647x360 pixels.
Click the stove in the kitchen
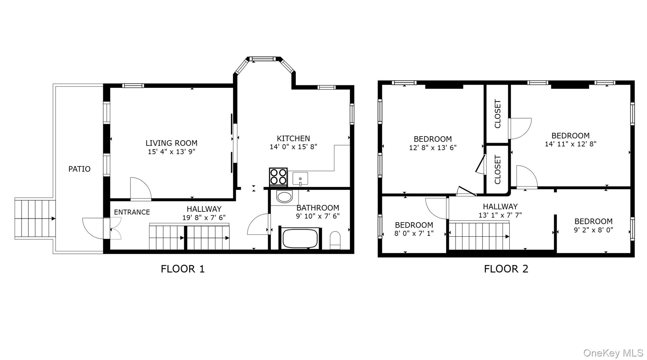click(x=278, y=177)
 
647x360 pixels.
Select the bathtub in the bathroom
click(x=300, y=239)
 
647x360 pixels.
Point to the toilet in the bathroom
click(x=335, y=240)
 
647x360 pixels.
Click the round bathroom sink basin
click(x=284, y=197)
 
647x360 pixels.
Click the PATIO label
click(x=79, y=169)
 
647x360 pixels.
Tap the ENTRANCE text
click(x=132, y=212)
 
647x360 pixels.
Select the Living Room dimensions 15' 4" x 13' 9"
click(x=172, y=152)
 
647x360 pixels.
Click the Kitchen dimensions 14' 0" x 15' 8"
click(x=293, y=147)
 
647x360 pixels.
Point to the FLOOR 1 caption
click(x=183, y=269)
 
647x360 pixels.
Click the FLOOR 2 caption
click(x=506, y=269)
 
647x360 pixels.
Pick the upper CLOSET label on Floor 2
click(x=498, y=114)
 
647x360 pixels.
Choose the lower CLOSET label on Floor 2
click(x=498, y=169)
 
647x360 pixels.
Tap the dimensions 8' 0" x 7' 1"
click(x=414, y=234)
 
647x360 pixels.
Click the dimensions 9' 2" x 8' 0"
click(x=593, y=230)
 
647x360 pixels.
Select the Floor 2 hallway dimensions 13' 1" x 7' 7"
click(x=500, y=215)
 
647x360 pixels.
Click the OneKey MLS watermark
click(x=613, y=353)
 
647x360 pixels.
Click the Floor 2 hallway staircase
click(x=479, y=236)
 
